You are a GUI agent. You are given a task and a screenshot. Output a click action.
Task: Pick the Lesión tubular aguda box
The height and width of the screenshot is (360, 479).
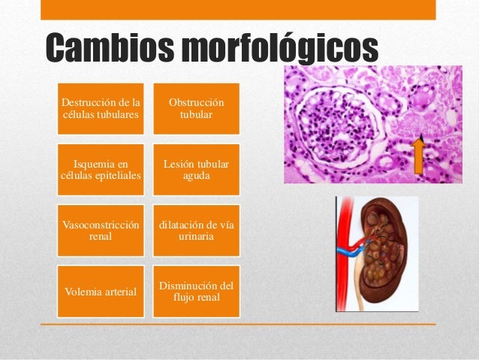click(x=197, y=170)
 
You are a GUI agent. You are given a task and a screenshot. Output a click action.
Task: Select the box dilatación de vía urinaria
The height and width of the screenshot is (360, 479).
click(x=197, y=231)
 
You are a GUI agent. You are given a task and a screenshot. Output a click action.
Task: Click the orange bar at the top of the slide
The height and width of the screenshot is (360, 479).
click(x=236, y=9)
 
